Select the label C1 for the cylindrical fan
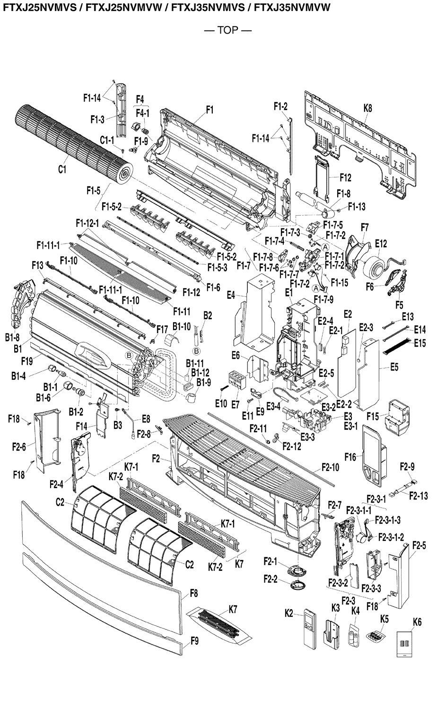[62, 169]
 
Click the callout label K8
[367, 108]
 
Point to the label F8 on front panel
[193, 593]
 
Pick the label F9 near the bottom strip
[194, 641]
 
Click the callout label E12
[381, 244]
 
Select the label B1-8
[12, 337]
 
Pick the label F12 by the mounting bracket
[345, 178]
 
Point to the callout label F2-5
[419, 545]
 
